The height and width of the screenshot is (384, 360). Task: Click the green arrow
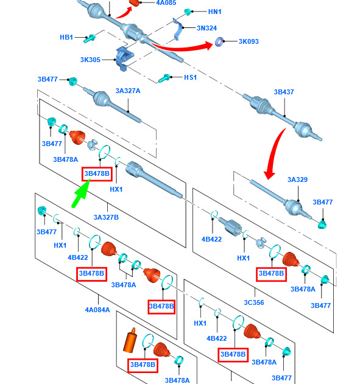click(81, 194)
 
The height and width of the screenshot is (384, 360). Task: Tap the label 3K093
click(249, 41)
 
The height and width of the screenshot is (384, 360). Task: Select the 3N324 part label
click(206, 28)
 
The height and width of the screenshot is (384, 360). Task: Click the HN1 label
click(214, 12)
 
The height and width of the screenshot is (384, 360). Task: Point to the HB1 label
click(66, 37)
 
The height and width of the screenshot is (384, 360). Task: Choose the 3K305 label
click(90, 60)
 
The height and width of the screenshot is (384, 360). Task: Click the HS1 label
click(191, 77)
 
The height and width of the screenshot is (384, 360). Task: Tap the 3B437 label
click(284, 92)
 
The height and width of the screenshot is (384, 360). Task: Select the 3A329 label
click(297, 180)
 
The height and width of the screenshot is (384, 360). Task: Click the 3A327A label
click(128, 91)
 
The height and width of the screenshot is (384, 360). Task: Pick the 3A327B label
click(106, 217)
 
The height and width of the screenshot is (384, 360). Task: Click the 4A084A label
click(97, 310)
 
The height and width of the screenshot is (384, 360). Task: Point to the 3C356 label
click(254, 302)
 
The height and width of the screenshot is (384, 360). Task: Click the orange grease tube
click(130, 340)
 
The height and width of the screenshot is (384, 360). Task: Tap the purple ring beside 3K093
click(219, 42)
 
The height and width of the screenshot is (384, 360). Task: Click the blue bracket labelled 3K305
click(124, 59)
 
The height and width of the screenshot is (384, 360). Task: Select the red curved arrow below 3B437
click(273, 155)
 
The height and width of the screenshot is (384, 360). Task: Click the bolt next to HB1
click(89, 38)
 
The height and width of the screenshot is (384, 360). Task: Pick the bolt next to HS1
click(164, 78)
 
